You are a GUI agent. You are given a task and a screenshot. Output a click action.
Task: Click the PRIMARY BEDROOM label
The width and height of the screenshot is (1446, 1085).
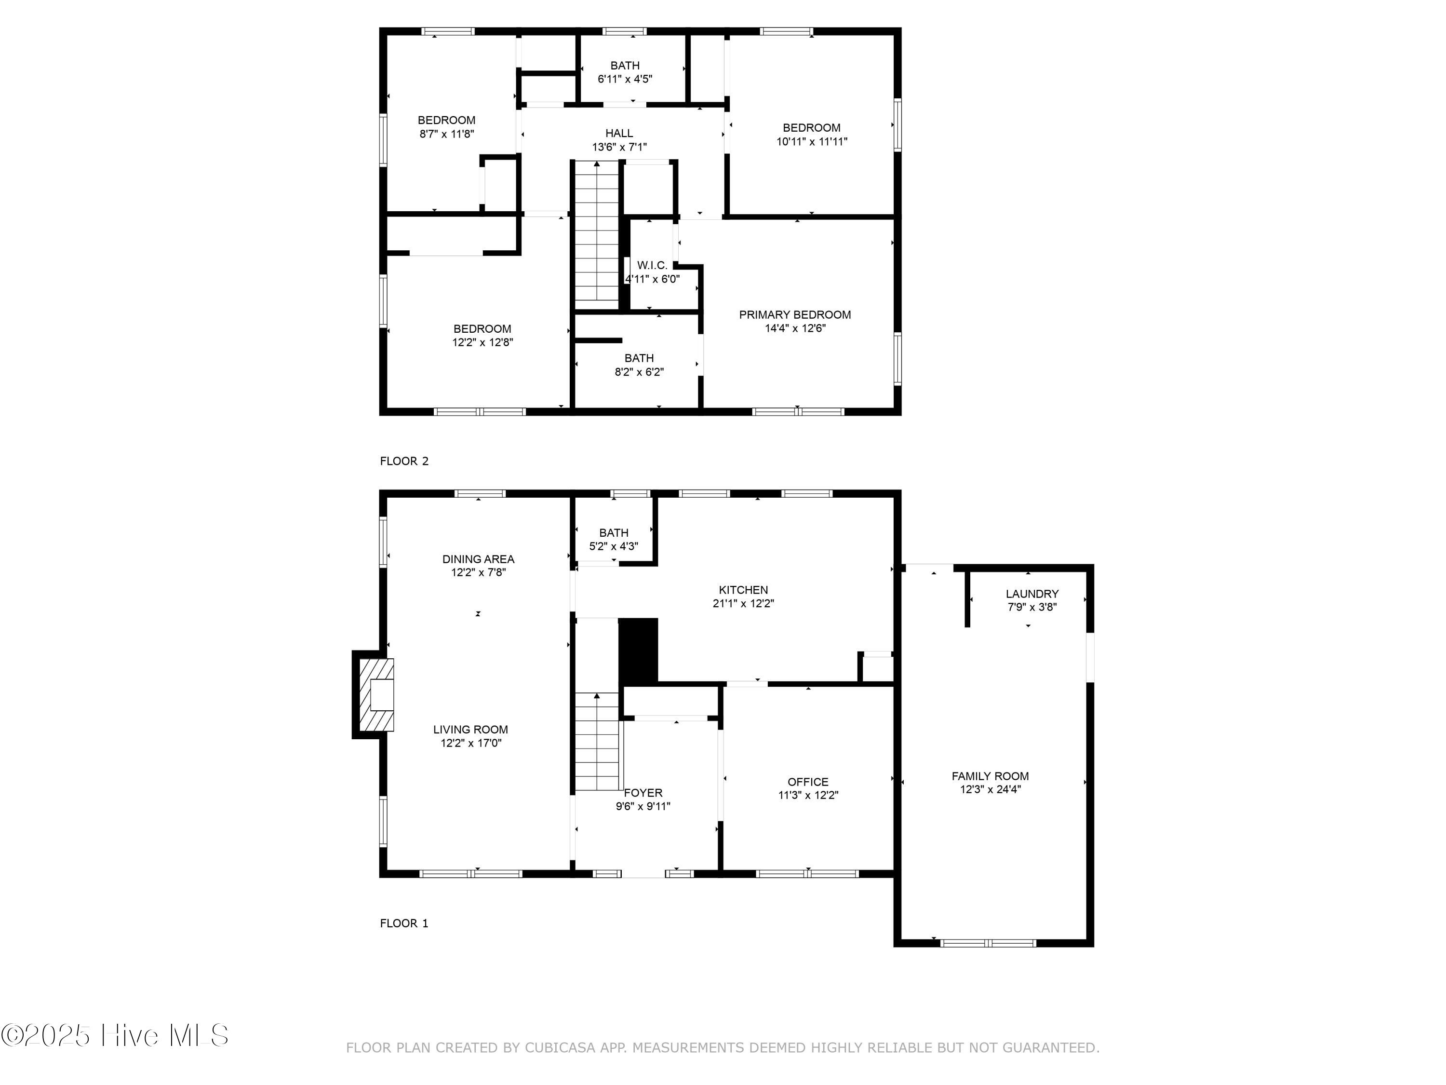point(795,314)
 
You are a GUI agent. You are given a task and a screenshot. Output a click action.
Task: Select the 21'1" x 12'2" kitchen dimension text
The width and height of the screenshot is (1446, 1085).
point(743,604)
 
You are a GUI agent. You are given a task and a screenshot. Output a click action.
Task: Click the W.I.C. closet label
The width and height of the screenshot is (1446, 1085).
point(652,265)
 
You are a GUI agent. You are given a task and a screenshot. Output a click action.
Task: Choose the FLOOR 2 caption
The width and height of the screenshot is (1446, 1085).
point(404,461)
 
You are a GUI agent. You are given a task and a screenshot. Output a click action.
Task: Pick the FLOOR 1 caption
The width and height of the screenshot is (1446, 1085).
point(404,923)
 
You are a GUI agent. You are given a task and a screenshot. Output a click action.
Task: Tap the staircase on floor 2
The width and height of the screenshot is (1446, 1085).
point(597,235)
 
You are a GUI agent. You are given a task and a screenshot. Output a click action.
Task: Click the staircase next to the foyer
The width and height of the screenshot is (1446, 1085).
point(597,742)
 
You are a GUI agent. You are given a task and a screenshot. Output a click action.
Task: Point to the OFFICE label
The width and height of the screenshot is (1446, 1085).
point(808,782)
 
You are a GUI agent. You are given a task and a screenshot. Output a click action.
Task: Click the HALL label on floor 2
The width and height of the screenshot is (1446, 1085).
point(619,134)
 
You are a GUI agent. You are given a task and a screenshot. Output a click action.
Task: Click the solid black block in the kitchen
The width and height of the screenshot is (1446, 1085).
point(639,651)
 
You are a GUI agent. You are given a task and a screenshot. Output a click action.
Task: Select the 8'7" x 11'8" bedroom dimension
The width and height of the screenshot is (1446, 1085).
point(446,134)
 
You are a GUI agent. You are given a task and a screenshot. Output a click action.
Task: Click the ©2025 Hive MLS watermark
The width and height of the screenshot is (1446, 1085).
point(115,1035)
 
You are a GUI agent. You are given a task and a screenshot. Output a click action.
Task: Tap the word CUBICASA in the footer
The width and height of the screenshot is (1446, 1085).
point(560,1048)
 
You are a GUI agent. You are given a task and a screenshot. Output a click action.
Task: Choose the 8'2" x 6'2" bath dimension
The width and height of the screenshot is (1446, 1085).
point(639,372)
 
